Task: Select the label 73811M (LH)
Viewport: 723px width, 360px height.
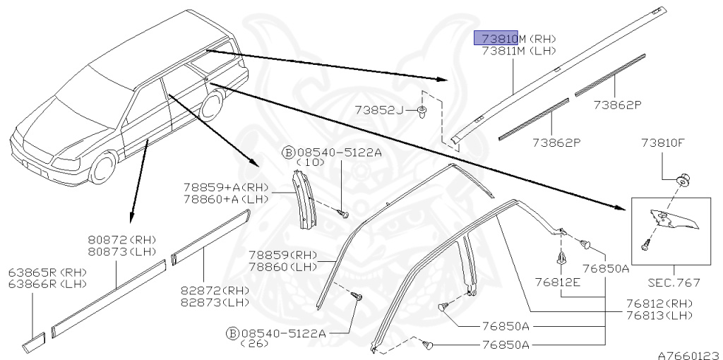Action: (x=518, y=51)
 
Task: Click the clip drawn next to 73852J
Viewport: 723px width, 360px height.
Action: (x=422, y=112)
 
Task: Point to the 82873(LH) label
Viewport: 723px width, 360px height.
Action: (x=205, y=302)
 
